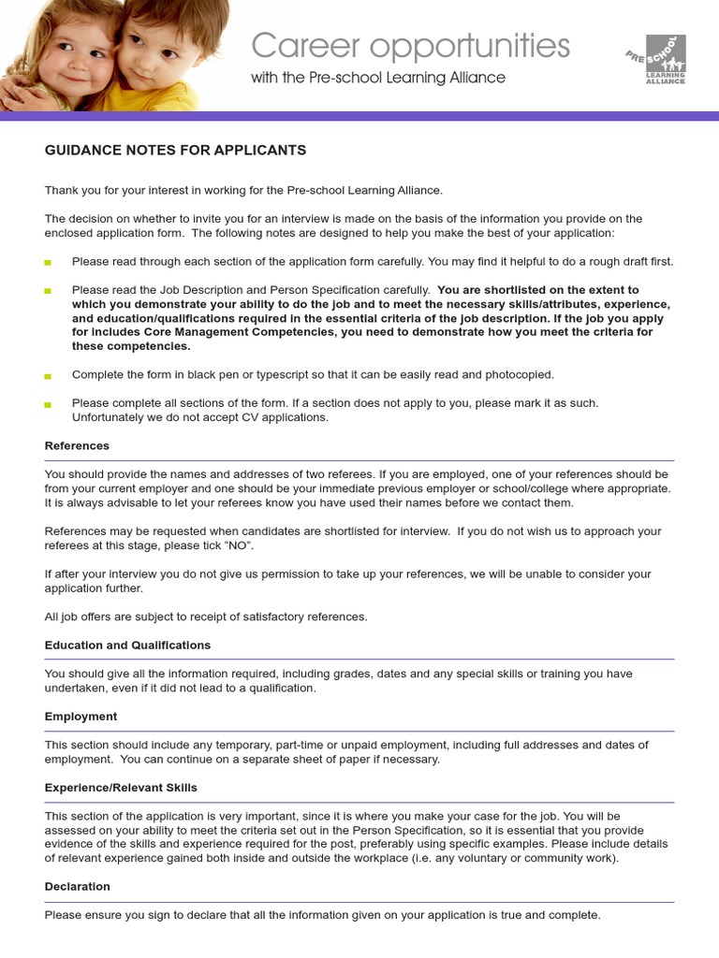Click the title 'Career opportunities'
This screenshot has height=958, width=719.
point(410,45)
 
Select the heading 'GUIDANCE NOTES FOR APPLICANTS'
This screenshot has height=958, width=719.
point(175,151)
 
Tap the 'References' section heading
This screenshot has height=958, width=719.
point(77,446)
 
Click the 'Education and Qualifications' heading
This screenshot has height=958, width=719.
point(127,646)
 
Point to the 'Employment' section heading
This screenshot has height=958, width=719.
point(81,717)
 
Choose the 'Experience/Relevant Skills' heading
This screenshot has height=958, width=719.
point(121,788)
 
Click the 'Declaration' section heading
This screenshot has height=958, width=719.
point(77,887)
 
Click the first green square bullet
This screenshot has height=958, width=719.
point(49,263)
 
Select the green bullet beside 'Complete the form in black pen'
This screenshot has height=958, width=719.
point(49,376)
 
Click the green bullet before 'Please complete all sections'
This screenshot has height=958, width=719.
point(49,404)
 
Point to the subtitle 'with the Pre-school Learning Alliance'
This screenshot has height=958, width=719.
point(377,78)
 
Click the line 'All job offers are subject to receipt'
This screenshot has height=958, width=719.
point(206,617)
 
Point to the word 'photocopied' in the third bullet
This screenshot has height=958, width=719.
point(521,375)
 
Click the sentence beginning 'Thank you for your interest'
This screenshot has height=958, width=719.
point(243,191)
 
